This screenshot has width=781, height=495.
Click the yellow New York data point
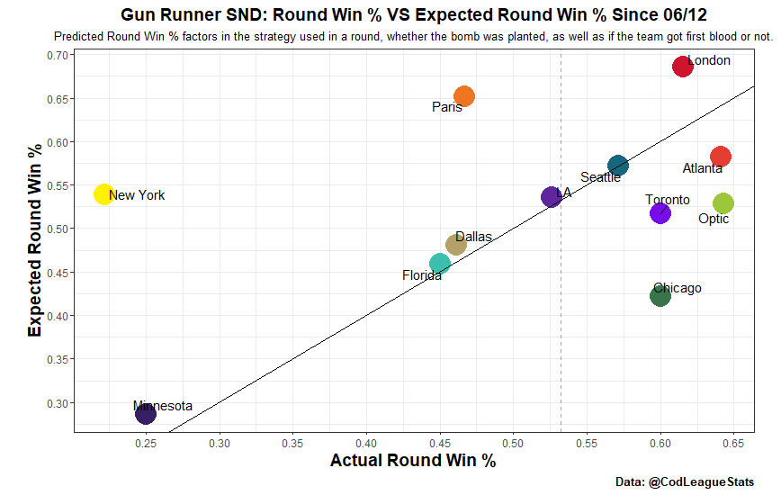tap(103, 194)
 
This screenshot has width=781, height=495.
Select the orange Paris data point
tap(464, 96)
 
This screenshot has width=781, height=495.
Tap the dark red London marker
tap(683, 67)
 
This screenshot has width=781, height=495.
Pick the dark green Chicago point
tap(660, 296)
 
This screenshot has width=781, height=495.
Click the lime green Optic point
tap(723, 203)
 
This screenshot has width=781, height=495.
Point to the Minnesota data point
tap(146, 413)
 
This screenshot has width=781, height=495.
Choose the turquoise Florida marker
tap(440, 264)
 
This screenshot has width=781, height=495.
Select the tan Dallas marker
tap(456, 245)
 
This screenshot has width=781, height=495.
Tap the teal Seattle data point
tap(618, 166)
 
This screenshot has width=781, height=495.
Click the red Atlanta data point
tap(721, 157)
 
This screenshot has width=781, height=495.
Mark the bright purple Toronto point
tap(660, 213)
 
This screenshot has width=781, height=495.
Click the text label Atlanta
tap(703, 169)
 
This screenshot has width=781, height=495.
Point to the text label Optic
tap(714, 219)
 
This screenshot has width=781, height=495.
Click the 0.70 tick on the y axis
tap(58, 55)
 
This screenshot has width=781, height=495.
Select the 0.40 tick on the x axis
tap(366, 443)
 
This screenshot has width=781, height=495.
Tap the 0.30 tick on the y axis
tap(58, 403)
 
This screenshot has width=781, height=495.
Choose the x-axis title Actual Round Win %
tap(413, 460)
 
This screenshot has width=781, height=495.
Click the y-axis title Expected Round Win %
tap(34, 240)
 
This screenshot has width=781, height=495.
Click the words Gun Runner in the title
tap(170, 14)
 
